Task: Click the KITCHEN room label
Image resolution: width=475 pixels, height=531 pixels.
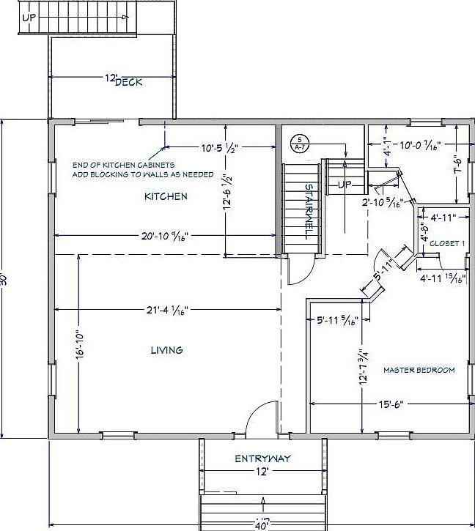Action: pos(165,196)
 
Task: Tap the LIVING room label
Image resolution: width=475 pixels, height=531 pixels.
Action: pos(166,350)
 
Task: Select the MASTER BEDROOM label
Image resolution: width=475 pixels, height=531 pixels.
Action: pos(419,370)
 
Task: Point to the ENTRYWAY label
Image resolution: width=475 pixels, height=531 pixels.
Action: pos(262,458)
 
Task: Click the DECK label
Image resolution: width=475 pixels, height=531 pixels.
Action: pos(129,81)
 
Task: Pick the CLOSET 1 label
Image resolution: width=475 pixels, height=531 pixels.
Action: pos(446,243)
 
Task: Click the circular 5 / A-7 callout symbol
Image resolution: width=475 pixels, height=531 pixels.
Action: pos(299,142)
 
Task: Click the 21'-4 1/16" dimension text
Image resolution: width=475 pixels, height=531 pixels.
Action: pos(168,310)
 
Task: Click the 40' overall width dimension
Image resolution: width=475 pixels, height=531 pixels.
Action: pos(262,524)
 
